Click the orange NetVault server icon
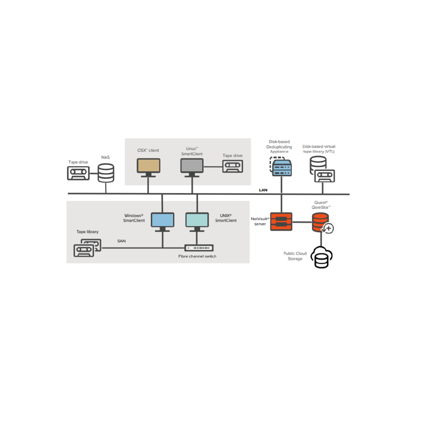point(281,221)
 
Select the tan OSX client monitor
point(148,167)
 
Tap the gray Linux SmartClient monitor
point(192,167)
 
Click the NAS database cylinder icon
point(106,173)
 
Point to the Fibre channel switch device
point(199,248)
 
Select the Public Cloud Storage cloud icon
point(321,257)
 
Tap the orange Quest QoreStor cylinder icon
point(320,222)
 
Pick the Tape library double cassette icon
point(87,248)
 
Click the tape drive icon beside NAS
point(78,173)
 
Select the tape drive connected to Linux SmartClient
point(233,166)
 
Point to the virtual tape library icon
point(323,169)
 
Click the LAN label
point(263,190)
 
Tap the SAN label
point(121,241)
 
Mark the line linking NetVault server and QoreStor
point(302,222)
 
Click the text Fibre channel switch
point(197,256)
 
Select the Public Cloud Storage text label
point(295,256)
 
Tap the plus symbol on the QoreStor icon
point(329,228)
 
